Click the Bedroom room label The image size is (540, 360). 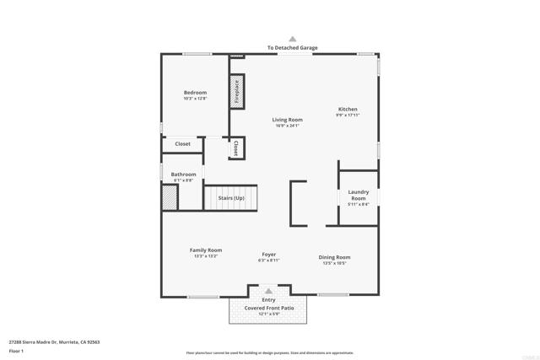point(195,92)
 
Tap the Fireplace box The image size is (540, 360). point(237,89)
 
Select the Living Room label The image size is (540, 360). point(287,120)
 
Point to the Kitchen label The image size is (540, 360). point(348,109)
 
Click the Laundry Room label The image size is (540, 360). point(359,195)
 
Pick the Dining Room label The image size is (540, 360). point(334,257)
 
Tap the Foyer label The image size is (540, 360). point(268,254)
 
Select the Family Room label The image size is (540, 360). point(206,250)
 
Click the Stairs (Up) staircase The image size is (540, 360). point(231,197)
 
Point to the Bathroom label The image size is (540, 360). point(183,175)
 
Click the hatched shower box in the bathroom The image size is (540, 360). point(170,197)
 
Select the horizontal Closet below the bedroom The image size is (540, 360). point(183,144)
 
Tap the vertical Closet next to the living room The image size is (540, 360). point(236,148)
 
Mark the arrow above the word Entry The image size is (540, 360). point(269,292)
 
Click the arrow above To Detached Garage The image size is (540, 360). point(293,39)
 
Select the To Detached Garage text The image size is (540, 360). point(293,48)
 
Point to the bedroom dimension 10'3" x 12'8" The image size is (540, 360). point(195,99)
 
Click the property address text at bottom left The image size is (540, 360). point(54,342)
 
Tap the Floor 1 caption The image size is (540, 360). point(16,351)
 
